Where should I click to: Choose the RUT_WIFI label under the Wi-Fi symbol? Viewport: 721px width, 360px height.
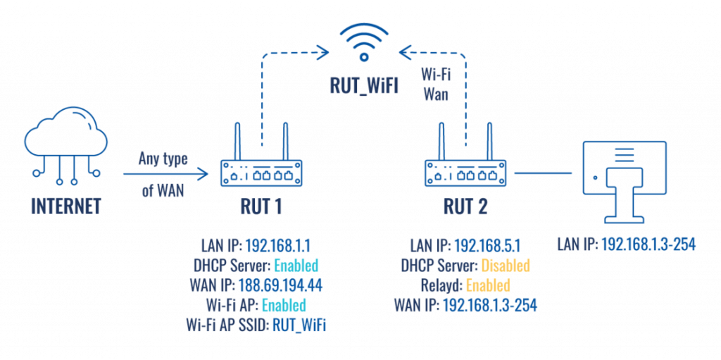pyautogui.click(x=364, y=86)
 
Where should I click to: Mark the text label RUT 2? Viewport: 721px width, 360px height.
pyautogui.click(x=465, y=207)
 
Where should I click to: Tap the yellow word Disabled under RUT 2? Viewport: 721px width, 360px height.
pyautogui.click(x=505, y=265)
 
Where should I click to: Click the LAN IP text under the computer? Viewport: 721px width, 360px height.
pyautogui.click(x=626, y=245)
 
